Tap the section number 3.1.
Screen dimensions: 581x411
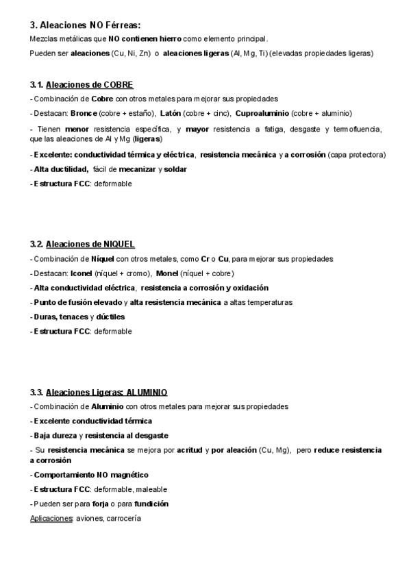click(x=37, y=85)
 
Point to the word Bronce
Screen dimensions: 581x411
click(x=84, y=113)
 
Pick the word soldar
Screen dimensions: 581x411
click(x=175, y=169)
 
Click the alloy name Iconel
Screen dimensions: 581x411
click(x=82, y=273)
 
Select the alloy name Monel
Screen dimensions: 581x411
click(x=167, y=273)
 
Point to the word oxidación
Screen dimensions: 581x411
click(x=247, y=288)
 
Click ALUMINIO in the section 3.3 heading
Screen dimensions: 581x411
click(x=147, y=392)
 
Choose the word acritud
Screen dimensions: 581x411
click(x=189, y=450)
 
